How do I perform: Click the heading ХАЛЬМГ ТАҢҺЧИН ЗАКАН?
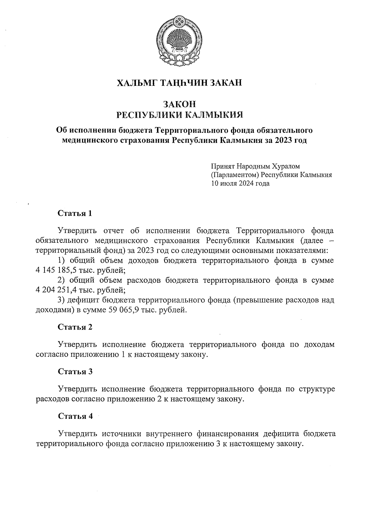[x=179, y=83]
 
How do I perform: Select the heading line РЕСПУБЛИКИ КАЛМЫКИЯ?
[x=180, y=115]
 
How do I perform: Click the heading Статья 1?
[x=75, y=213]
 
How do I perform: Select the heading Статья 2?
[x=75, y=327]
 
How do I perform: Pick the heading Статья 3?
[x=75, y=372]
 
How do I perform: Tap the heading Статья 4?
[x=75, y=416]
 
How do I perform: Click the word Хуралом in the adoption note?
[x=286, y=166]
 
